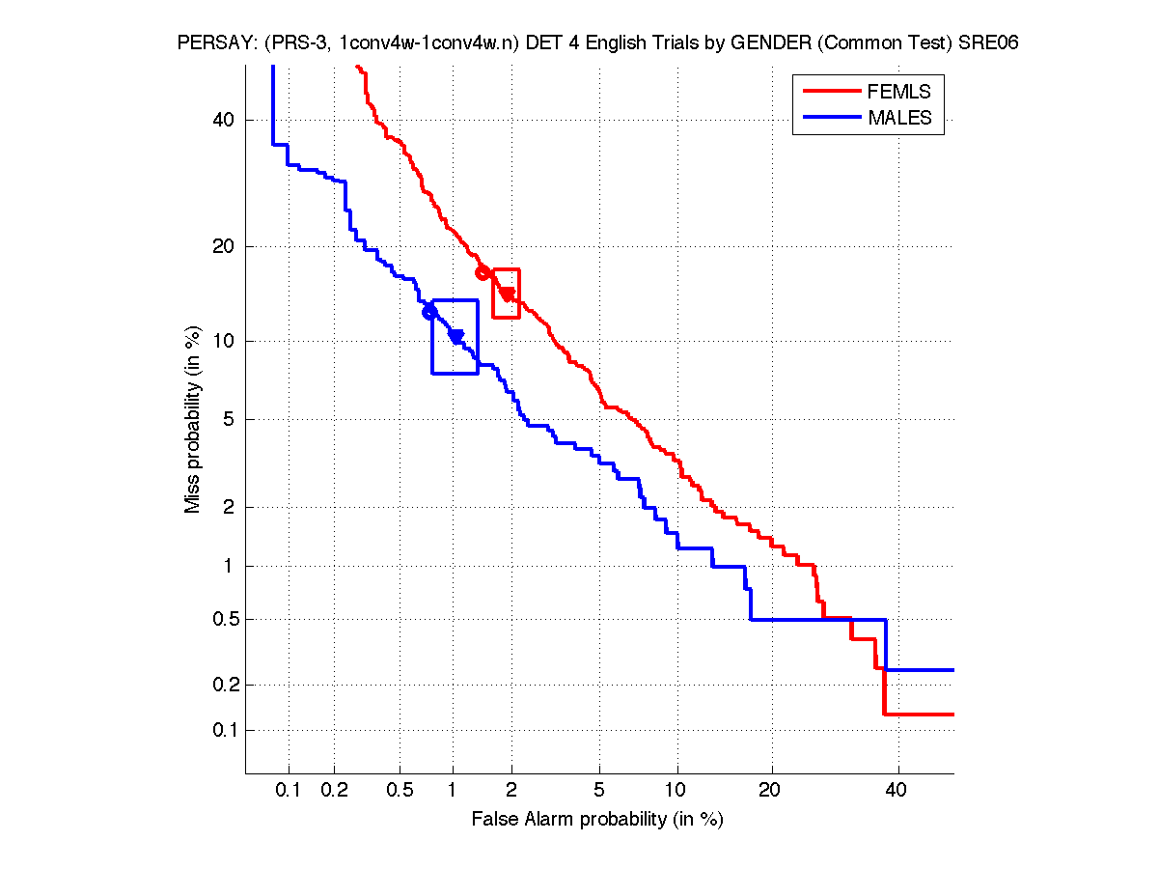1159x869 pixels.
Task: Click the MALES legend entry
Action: [899, 118]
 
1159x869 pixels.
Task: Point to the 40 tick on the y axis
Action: [224, 120]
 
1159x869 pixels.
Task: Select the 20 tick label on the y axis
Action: [224, 246]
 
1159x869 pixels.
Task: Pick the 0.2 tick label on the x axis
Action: [334, 791]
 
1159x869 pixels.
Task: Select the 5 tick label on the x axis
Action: [599, 791]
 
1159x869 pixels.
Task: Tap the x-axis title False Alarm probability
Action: [596, 820]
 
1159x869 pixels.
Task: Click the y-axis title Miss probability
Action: [193, 419]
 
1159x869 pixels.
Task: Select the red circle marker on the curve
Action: [483, 272]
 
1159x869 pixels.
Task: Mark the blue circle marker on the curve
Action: [429, 312]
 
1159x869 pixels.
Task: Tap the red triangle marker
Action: [507, 294]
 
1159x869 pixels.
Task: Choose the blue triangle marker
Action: [455, 336]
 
